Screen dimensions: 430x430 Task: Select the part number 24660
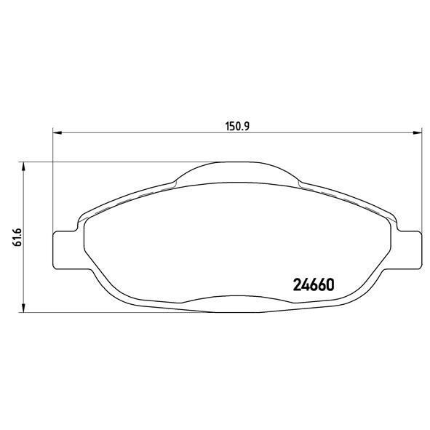[x=313, y=284]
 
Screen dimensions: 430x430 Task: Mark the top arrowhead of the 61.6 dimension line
[x=25, y=167]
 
